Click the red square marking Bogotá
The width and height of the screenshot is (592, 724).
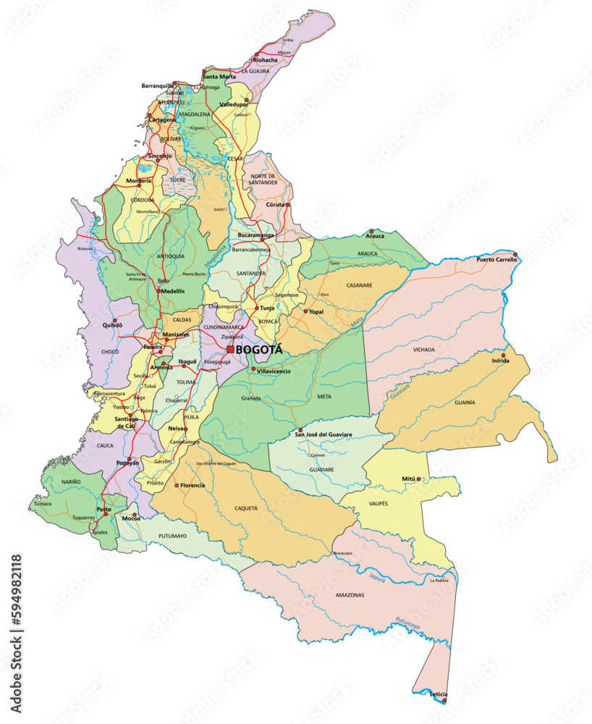coord(230,349)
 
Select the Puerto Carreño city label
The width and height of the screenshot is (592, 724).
coord(496,259)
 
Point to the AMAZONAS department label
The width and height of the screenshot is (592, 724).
coord(350,595)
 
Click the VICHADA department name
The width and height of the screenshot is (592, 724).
coord(424,350)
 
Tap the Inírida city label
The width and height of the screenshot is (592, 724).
coord(501,361)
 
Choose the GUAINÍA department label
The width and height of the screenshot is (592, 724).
coord(465,402)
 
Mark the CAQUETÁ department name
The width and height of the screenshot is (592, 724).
coord(246,508)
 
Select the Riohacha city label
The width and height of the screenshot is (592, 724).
coord(266,60)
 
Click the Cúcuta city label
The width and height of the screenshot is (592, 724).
coord(276,205)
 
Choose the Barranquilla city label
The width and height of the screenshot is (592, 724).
coord(158,85)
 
